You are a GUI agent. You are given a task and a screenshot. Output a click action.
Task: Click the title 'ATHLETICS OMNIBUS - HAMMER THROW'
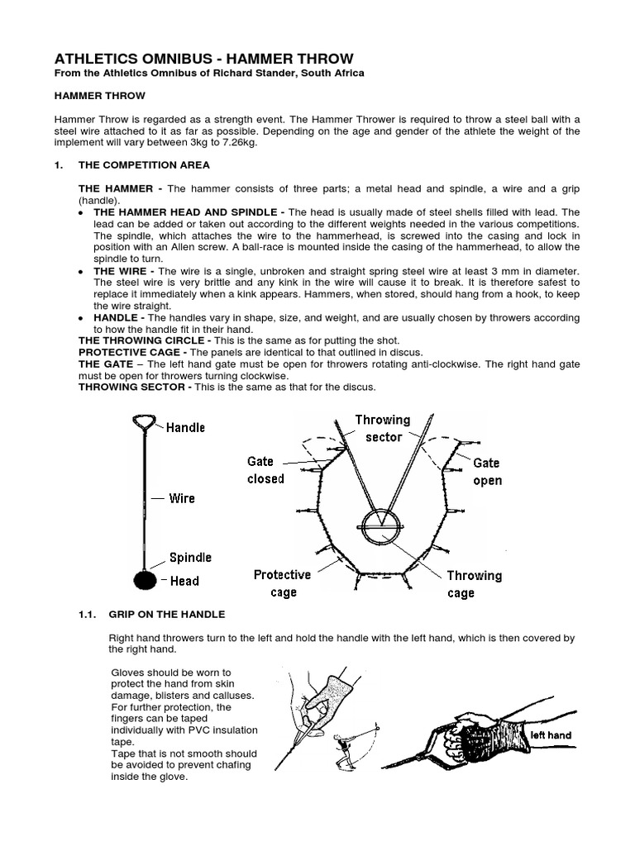coord(203,59)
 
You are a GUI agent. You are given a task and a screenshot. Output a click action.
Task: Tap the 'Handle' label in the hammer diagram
coord(185,427)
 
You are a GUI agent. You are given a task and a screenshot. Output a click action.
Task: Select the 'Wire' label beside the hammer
coord(182,498)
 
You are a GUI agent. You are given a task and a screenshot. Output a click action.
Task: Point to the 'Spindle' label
coord(190,558)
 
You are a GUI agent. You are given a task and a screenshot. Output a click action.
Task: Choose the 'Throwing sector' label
coord(382,428)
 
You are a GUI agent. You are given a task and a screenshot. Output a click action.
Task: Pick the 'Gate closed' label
coord(265,470)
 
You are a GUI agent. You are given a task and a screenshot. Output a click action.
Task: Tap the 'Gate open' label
coord(487,472)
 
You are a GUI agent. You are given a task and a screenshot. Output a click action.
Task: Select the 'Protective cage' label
coord(283,583)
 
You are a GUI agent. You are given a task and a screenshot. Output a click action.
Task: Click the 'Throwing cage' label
coord(474,584)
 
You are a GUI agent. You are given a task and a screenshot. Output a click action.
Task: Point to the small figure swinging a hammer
coord(344,746)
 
